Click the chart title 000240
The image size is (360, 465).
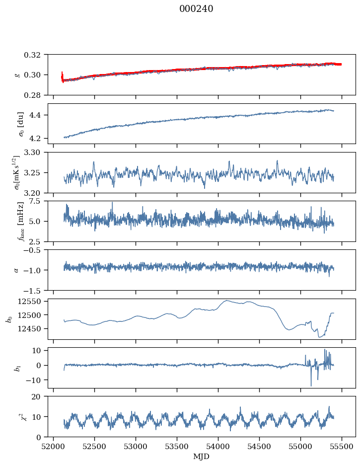[196, 9]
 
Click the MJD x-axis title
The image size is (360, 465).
[201, 457]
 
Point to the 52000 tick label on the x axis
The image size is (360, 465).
[54, 446]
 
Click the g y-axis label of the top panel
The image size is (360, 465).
[17, 75]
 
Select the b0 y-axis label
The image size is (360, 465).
[8, 318]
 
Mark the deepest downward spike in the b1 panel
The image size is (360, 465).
[311, 386]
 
